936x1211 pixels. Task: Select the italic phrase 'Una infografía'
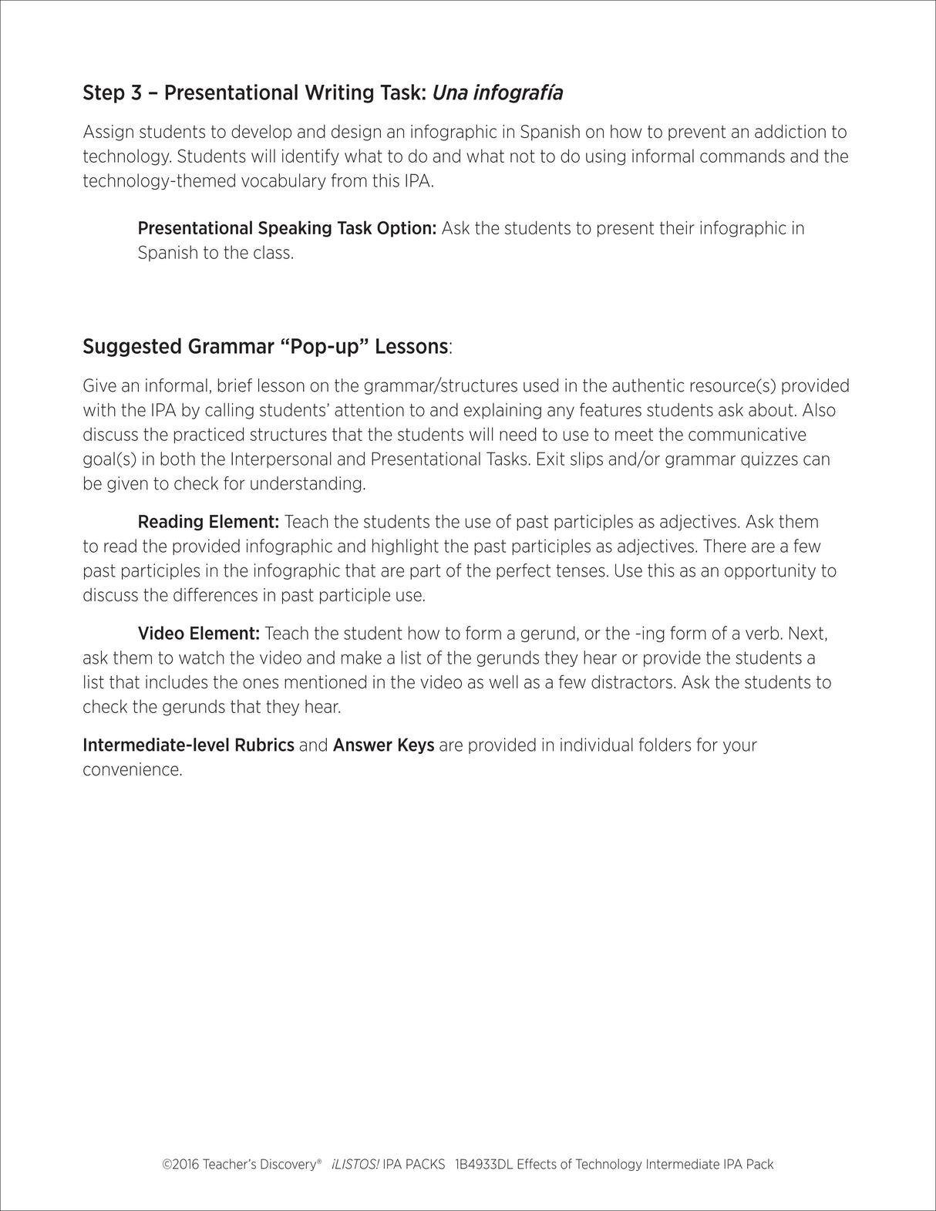coord(497,93)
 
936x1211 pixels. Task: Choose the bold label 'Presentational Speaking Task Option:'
coord(287,228)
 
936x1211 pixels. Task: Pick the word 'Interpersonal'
coord(281,459)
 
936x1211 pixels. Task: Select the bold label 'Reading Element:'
coord(208,522)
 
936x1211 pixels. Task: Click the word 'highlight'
coord(404,547)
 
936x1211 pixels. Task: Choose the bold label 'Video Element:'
coord(198,634)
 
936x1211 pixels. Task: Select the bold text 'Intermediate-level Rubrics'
coord(188,745)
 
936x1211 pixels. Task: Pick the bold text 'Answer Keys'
coord(383,745)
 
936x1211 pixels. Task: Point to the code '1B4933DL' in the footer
coord(483,1165)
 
